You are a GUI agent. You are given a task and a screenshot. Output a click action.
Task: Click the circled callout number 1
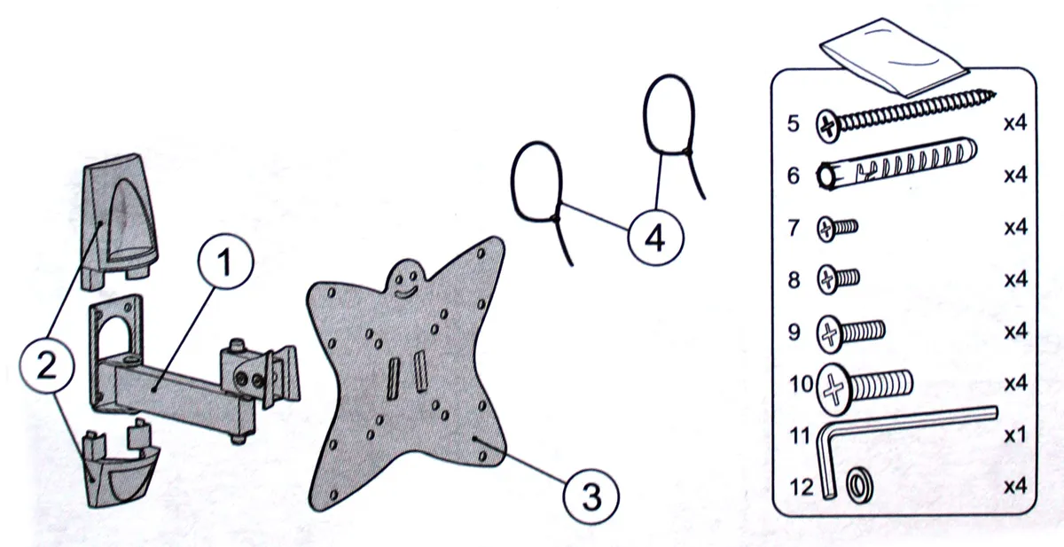[x=225, y=262]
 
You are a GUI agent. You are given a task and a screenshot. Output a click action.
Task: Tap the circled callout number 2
[x=46, y=365]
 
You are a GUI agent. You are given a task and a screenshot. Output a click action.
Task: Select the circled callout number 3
[x=591, y=496]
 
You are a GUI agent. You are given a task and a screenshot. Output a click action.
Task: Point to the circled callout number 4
[x=655, y=238]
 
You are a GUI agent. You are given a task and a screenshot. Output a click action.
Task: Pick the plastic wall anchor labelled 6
[x=896, y=164]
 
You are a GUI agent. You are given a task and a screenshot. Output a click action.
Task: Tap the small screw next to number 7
[x=837, y=229]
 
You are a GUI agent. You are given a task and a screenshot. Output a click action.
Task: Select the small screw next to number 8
[x=839, y=278]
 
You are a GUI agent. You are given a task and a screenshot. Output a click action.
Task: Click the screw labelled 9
[x=850, y=333]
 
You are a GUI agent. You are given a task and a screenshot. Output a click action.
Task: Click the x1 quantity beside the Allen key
[x=1015, y=434]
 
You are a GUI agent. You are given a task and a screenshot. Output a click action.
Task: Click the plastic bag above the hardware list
[x=894, y=57]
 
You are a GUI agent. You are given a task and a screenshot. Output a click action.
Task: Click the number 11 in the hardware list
[x=800, y=435]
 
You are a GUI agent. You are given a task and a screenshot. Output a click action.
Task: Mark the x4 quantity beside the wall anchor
[x=1015, y=176]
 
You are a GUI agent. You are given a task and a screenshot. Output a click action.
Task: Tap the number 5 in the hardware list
[x=794, y=123]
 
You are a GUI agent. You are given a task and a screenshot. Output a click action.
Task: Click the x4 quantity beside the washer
[x=1015, y=486]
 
